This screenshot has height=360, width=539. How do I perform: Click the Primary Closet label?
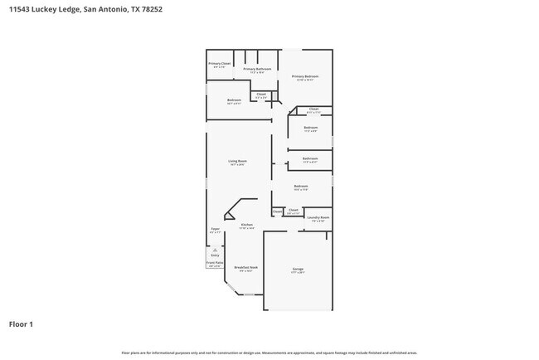pos(220,63)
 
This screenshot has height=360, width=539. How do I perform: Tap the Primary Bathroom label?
pos(257,69)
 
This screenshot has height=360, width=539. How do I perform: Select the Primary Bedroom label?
pos(305,76)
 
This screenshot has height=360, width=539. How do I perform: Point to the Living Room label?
pos(238,161)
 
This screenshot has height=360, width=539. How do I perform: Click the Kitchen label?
pos(246,225)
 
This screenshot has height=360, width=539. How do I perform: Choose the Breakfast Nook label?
pos(245,267)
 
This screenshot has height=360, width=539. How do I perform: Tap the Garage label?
pos(298,269)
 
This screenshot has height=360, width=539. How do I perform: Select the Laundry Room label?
pos(319,217)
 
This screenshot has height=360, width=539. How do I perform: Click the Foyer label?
pos(215,228)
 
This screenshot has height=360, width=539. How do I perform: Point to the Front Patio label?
pos(214,262)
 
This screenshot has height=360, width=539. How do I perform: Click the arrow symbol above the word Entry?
pos(215,249)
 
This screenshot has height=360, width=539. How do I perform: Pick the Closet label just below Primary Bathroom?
pos(260,94)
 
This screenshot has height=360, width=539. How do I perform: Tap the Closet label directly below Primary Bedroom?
pos(313,109)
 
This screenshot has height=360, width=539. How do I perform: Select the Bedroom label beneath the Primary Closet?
pos(234,100)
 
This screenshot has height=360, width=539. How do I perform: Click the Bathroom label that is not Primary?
pos(310,158)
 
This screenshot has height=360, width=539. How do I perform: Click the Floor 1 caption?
pos(21,324)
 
